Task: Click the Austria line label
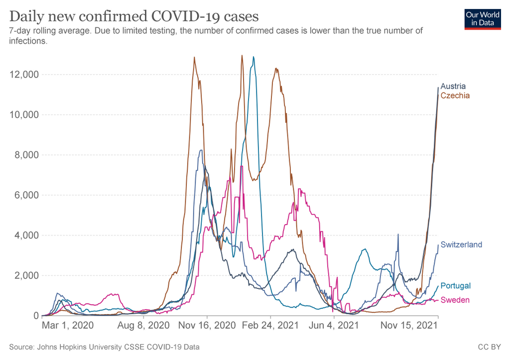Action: (453, 86)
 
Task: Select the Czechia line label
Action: (455, 95)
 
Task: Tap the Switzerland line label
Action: (461, 244)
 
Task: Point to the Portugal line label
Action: (456, 286)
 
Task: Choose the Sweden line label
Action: (455, 300)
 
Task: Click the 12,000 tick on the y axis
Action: (23, 75)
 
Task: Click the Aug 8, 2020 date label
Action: (142, 326)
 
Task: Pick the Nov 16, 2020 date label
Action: (207, 326)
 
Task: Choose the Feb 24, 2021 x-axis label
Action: (271, 326)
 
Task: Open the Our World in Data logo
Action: (483, 19)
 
